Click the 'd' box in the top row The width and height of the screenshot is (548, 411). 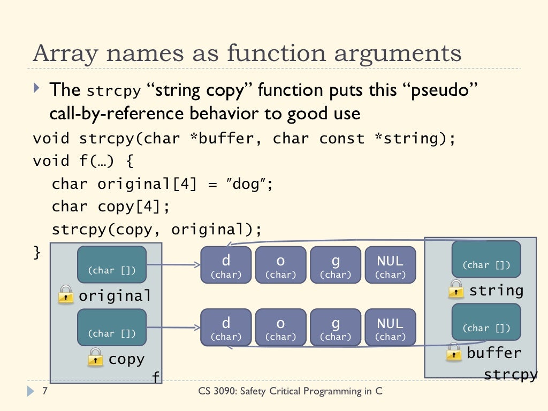point(226,265)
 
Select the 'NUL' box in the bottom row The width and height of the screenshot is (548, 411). point(390,327)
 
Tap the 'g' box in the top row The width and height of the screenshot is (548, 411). point(336,265)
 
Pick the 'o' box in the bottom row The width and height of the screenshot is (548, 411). point(281,327)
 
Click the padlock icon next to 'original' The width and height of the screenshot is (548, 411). point(65,294)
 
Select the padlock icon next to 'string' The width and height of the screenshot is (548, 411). point(456,289)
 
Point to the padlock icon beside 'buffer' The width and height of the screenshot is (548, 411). point(454,352)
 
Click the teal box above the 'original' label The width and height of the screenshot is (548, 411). point(112,264)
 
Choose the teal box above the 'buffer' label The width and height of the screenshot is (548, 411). point(486,322)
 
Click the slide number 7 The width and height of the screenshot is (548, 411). point(44,391)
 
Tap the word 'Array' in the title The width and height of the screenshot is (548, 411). point(62,54)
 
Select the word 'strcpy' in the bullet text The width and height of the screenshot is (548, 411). point(113,91)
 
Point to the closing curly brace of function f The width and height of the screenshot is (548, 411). point(37,252)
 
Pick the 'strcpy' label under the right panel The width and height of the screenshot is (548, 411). point(510,375)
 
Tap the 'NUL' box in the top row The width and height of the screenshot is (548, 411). point(390,265)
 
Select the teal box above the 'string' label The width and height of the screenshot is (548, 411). point(486,259)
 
